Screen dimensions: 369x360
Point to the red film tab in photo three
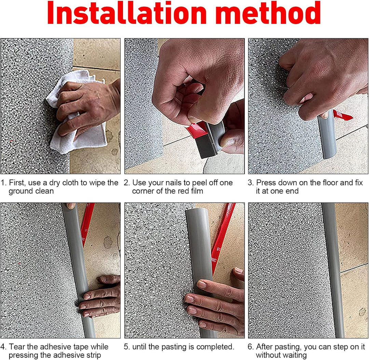point(342,115)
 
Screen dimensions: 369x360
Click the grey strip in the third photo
point(327,134)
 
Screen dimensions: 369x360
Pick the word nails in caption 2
point(174,183)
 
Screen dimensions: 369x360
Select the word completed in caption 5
point(215,347)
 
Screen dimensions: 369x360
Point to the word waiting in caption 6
point(294,355)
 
